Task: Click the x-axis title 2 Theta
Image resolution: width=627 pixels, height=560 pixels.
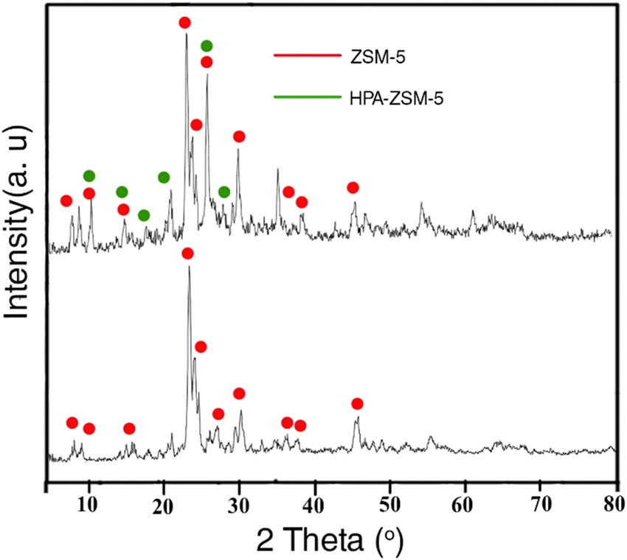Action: (x=330, y=542)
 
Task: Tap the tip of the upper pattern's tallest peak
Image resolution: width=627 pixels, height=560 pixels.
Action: (x=186, y=33)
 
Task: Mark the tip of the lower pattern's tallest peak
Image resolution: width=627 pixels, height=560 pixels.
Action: (x=189, y=267)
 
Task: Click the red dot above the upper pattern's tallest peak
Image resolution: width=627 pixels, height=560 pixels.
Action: (x=184, y=23)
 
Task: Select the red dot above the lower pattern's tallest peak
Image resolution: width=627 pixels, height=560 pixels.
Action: (x=187, y=253)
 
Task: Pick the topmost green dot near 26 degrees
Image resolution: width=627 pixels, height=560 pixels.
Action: (x=207, y=46)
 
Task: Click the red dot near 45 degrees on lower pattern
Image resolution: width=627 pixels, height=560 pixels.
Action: (x=357, y=404)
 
